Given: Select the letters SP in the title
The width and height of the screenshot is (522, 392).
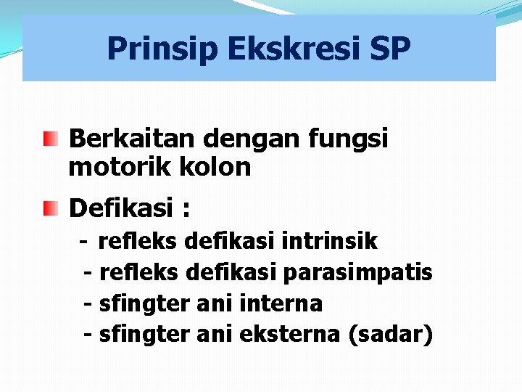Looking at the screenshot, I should tap(391, 49).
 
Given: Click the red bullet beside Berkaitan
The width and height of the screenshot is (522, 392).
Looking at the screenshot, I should tap(49, 138).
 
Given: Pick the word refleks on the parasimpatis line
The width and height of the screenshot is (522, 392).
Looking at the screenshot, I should tap(139, 272).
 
